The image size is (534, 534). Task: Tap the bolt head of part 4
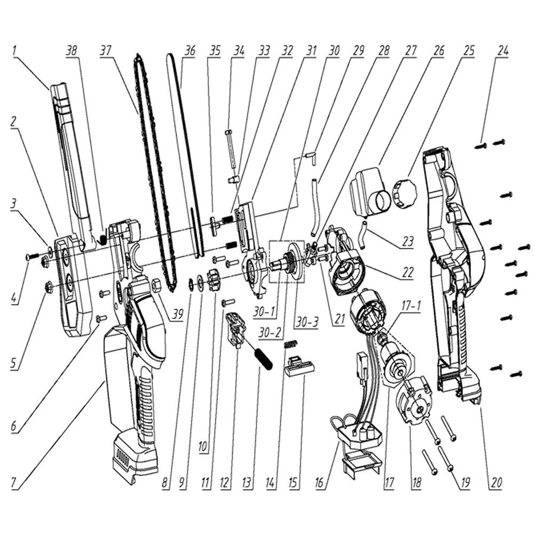click(28, 257)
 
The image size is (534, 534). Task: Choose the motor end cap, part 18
click(415, 402)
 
